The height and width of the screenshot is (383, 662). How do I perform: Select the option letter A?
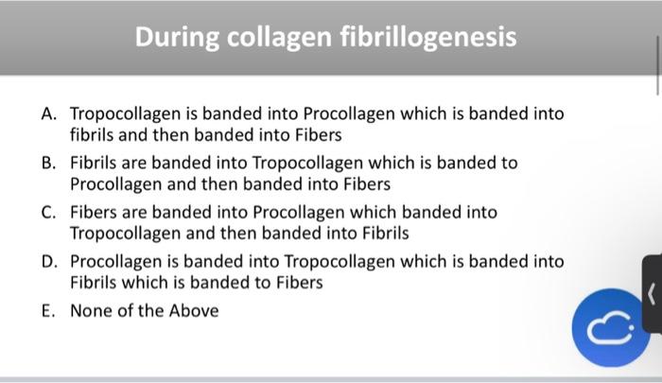pos(48,114)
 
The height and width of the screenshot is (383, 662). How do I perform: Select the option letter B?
pos(48,164)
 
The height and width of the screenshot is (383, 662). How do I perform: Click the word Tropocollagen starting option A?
pos(127,114)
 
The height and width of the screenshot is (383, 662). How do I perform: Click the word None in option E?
pos(91,311)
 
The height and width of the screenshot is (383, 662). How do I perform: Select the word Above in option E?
pos(193,311)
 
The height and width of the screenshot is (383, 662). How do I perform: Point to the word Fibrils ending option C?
pos(389,234)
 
